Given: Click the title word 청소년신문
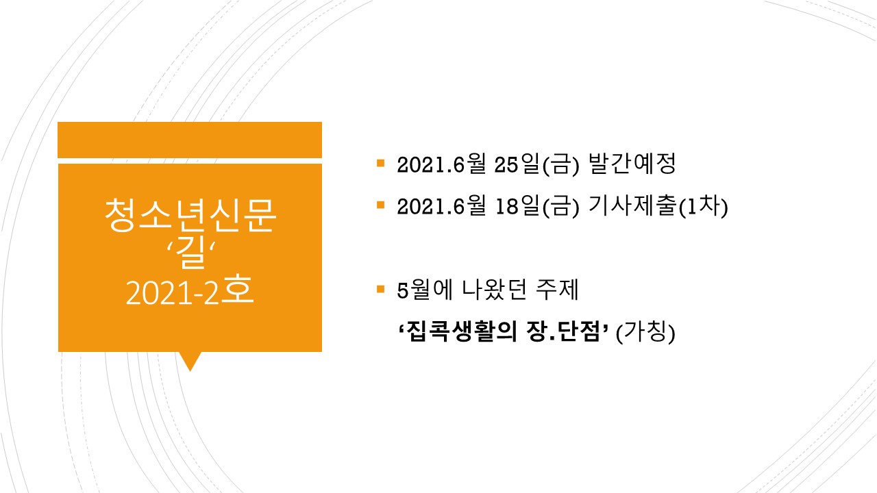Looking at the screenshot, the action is (190, 215).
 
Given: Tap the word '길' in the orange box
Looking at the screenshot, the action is (190, 253).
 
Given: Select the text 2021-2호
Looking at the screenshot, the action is (190, 292).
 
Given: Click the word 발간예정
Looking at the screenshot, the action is (632, 164).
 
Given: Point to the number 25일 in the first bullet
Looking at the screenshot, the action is (517, 164).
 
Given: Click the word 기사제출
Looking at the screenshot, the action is (632, 206).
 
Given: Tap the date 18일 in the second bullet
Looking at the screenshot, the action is (517, 206).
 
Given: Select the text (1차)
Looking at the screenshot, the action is (703, 206).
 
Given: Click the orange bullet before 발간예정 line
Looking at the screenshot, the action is (380, 163).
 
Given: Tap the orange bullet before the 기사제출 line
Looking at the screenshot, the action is (380, 205).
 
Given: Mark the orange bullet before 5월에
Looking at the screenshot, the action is (380, 289).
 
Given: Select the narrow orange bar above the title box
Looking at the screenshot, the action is (190, 140).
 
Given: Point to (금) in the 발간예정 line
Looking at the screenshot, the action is (560, 165).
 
